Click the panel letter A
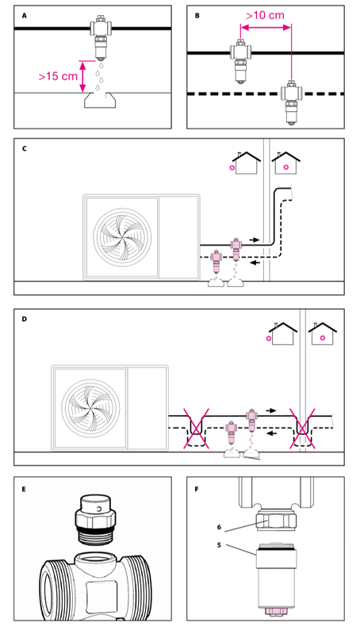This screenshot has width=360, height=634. point(25,16)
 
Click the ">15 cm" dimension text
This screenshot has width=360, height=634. point(58,76)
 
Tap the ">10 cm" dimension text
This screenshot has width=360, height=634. point(265,15)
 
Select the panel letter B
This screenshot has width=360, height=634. point(197,16)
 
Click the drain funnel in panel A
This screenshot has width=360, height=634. point(99,100)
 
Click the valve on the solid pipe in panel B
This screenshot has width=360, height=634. point(241,62)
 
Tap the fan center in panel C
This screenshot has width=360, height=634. point(122,236)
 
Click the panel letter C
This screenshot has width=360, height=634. point(25,148)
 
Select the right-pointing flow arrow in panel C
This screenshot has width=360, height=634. point(254,240)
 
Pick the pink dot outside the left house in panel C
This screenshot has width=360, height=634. point(232,167)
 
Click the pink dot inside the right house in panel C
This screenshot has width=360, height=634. point(286,166)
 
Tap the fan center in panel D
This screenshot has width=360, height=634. point(90,407)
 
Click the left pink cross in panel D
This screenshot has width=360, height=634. point(197,428)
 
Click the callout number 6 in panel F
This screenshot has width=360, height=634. point(219,527)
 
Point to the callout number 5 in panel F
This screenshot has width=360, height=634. point(219,544)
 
